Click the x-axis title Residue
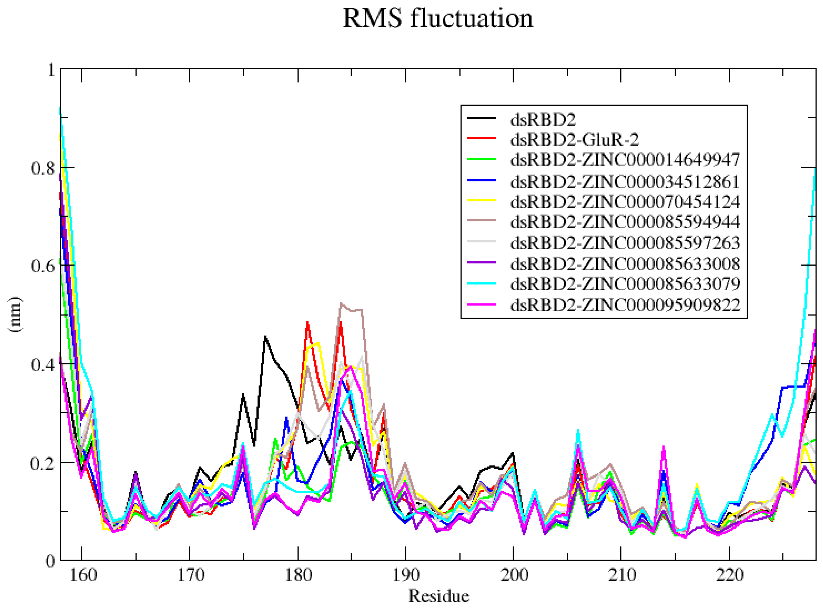pyautogui.click(x=438, y=596)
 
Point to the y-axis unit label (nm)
pyautogui.click(x=15, y=314)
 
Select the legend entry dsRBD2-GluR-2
pyautogui.click(x=575, y=139)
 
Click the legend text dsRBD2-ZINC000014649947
pyautogui.click(x=625, y=160)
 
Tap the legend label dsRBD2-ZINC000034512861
pyautogui.click(x=625, y=181)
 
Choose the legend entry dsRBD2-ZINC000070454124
pyautogui.click(x=625, y=201)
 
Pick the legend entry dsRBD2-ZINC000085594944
pyautogui.click(x=625, y=221)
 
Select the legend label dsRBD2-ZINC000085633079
pyautogui.click(x=625, y=284)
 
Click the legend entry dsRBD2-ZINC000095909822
pyautogui.click(x=625, y=305)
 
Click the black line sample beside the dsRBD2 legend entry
pyautogui.click(x=482, y=118)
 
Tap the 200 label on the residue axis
pyautogui.click(x=513, y=575)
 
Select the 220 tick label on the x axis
pyautogui.click(x=729, y=575)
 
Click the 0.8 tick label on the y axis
pyautogui.click(x=42, y=168)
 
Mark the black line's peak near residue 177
pyautogui.click(x=265, y=336)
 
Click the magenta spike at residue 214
pyautogui.click(x=663, y=447)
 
